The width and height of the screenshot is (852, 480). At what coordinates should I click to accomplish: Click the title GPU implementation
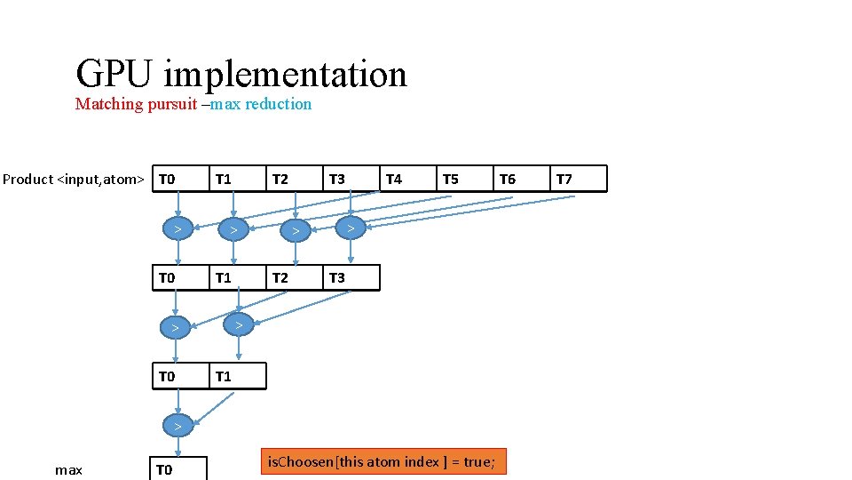click(x=241, y=74)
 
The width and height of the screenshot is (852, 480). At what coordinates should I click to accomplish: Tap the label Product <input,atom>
click(x=73, y=180)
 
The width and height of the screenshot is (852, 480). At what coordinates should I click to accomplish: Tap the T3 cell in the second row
click(x=351, y=277)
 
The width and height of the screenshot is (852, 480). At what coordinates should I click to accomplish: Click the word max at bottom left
click(x=68, y=469)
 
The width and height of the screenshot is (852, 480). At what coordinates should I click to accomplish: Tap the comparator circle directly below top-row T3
click(x=351, y=229)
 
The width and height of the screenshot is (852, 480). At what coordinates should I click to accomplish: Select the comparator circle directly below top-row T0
click(x=178, y=230)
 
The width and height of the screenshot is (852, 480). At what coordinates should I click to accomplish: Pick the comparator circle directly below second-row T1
click(x=236, y=326)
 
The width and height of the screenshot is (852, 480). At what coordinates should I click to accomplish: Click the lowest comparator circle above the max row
click(x=178, y=426)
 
